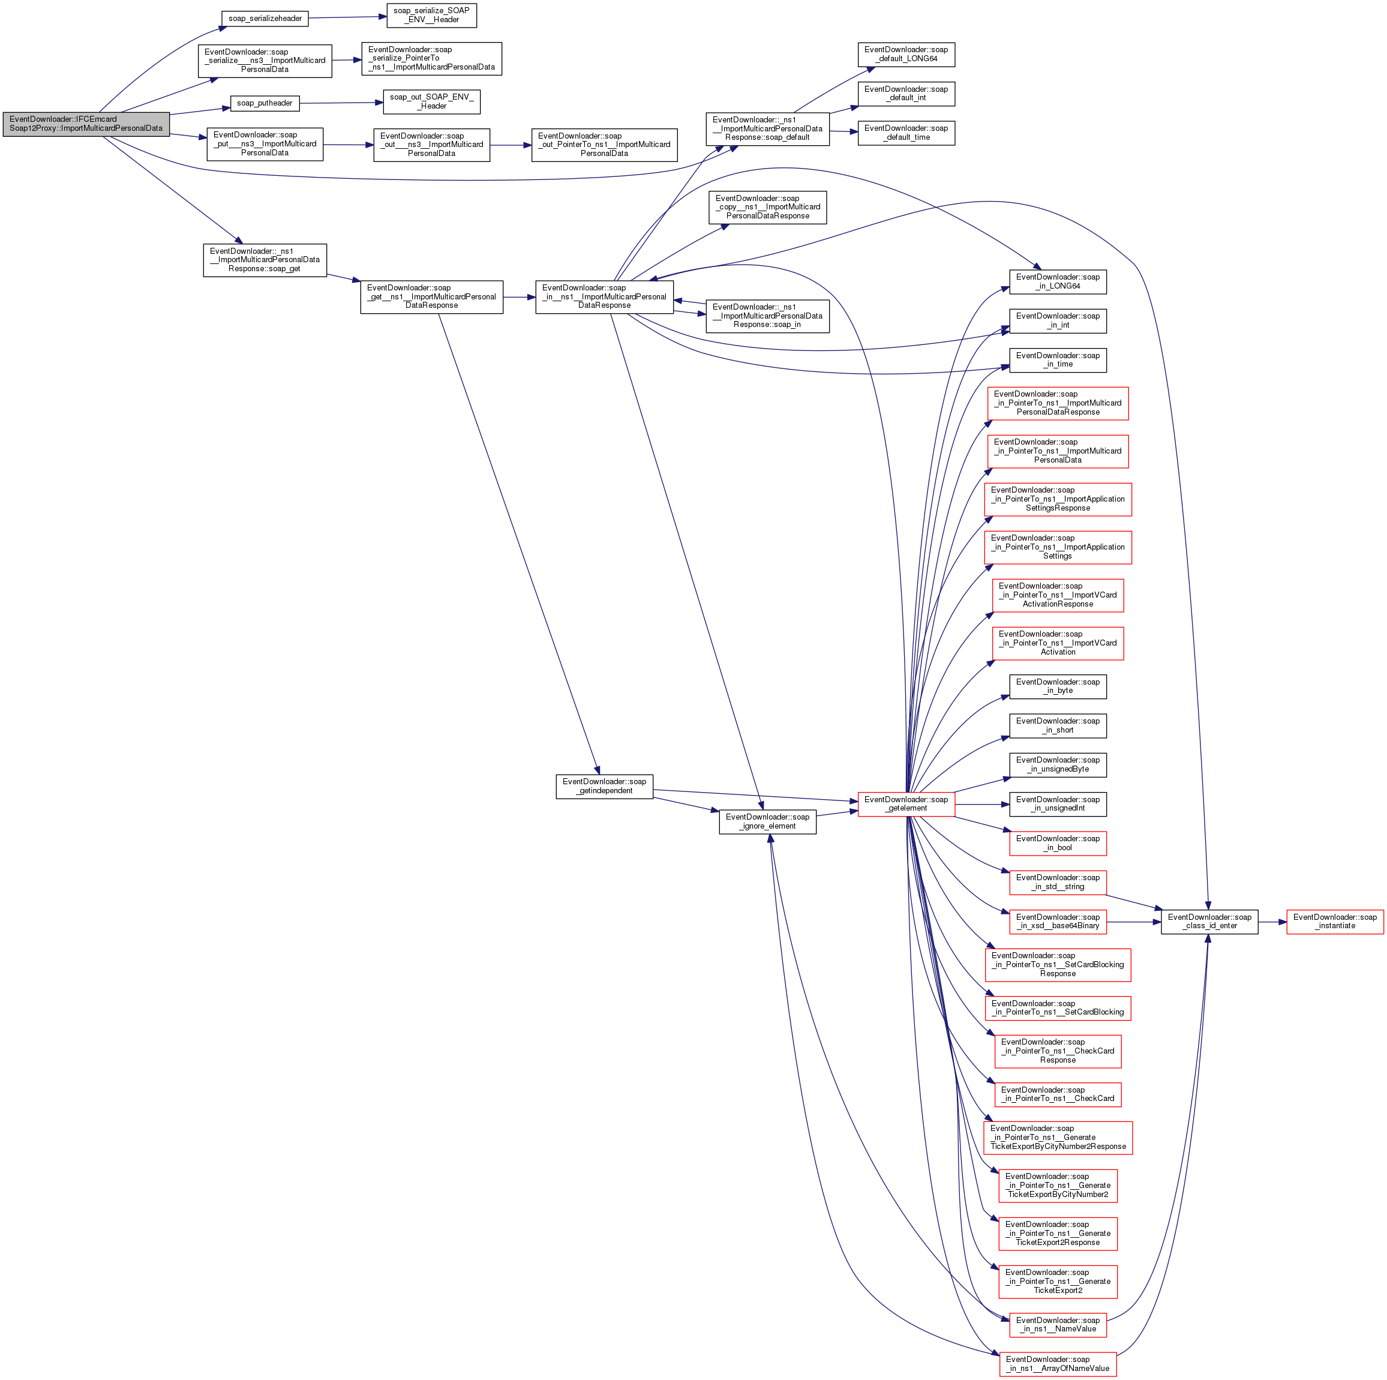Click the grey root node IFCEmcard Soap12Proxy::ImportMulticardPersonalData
pos(86,124)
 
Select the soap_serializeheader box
pos(265,19)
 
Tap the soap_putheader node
pos(264,103)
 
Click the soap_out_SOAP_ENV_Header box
pos(431,101)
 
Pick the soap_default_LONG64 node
pos(906,55)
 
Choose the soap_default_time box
pos(906,133)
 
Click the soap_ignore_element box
pos(767,821)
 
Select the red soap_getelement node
pos(906,804)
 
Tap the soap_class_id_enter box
pos(1209,921)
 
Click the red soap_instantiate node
pos(1335,921)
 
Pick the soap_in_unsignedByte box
pos(1058,764)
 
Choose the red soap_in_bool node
pos(1058,843)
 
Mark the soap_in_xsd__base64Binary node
pos(1058,921)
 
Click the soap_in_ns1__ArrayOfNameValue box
pos(1058,1363)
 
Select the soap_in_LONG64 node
pos(1058,281)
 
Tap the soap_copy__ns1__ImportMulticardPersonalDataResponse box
pos(767,207)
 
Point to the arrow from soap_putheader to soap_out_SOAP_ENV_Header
pos(341,103)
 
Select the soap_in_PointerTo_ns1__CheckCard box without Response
pos(1058,1094)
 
